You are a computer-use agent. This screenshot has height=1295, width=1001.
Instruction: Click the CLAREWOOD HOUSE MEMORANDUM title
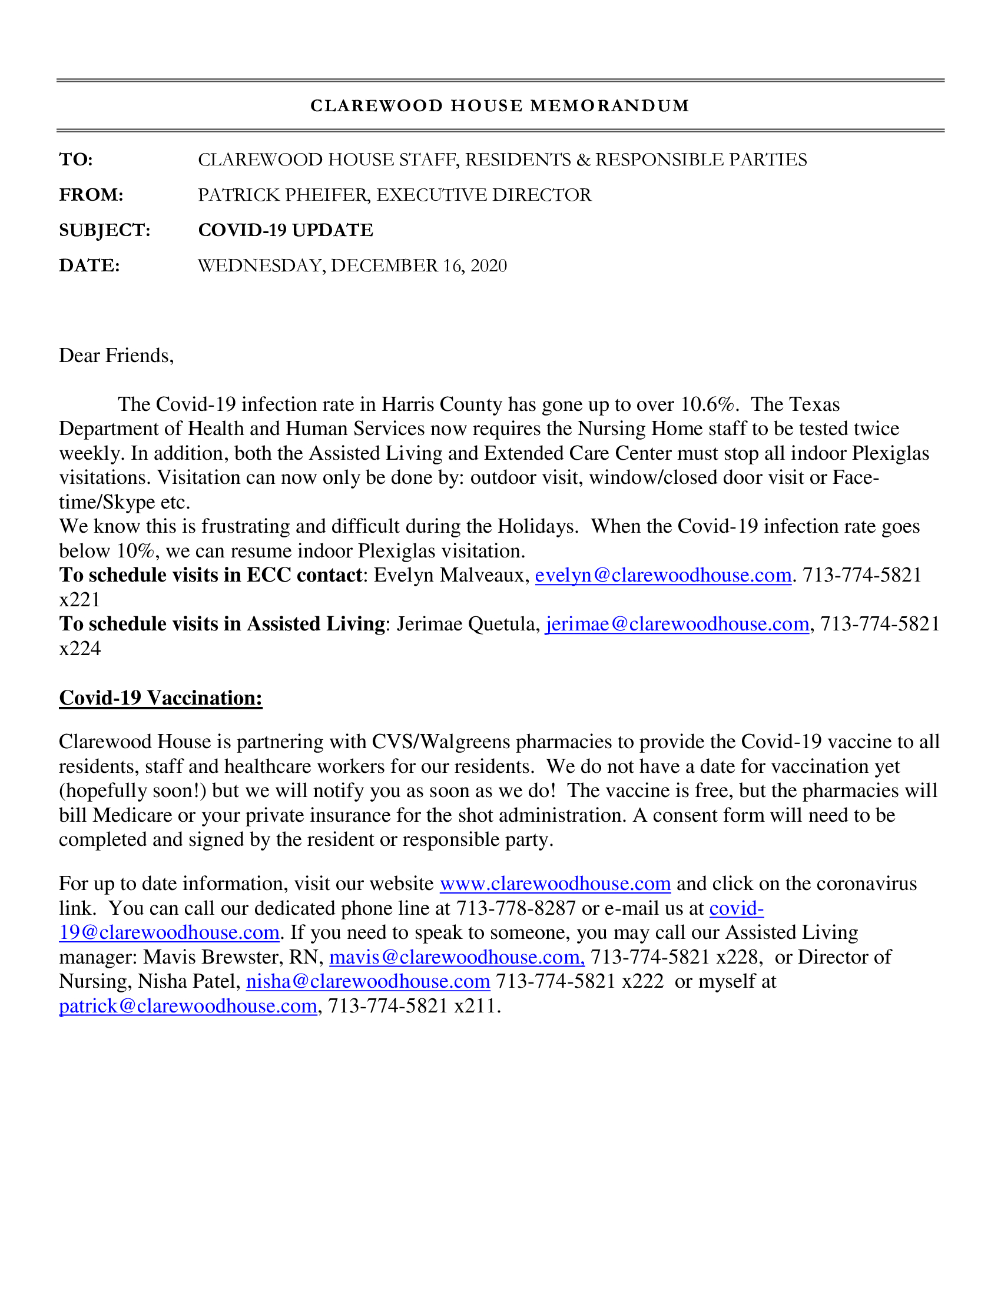pos(500,106)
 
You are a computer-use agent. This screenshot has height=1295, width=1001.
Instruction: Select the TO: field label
pos(76,160)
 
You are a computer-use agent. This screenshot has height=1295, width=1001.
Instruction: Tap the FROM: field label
pos(91,195)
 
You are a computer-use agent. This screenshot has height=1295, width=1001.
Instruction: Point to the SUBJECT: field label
pos(104,230)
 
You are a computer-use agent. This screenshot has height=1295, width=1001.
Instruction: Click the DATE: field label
pos(90,265)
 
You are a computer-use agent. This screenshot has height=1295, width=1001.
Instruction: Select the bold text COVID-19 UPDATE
pos(285,230)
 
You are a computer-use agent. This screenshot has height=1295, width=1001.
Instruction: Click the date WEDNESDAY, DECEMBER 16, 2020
pos(352,265)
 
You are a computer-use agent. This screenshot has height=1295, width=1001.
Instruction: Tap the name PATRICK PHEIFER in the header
pos(283,195)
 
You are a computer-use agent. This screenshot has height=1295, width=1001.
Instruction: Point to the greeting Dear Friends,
pos(116,356)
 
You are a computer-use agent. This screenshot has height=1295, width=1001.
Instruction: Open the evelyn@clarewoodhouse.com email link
pos(663,575)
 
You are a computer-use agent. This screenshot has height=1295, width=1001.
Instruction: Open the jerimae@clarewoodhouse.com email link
pos(677,625)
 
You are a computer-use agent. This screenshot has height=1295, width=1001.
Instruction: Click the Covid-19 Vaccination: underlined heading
pos(161,698)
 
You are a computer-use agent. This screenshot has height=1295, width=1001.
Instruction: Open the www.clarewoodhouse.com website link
pos(555,884)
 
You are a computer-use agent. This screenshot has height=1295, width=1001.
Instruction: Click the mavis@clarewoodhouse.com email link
pos(456,957)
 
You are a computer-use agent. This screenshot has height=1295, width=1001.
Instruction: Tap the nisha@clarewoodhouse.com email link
pos(367,981)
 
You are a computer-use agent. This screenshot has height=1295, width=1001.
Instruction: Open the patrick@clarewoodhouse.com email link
pos(188,1006)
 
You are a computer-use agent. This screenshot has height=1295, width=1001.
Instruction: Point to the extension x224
pos(80,649)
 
